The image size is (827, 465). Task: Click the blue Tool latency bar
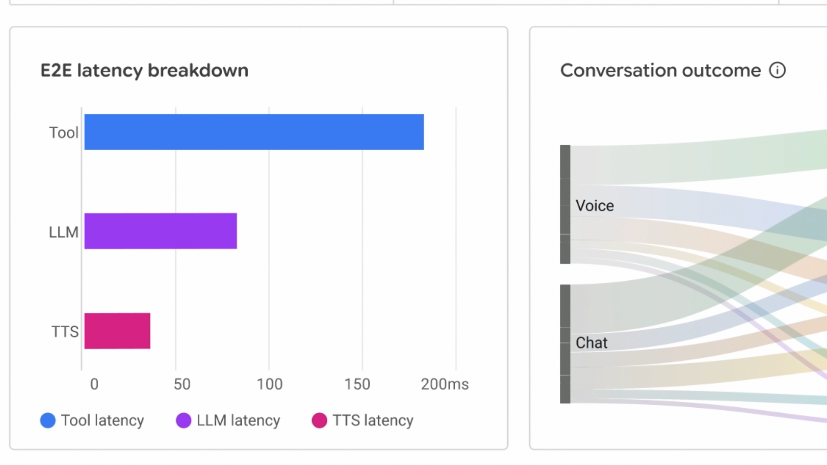tap(254, 132)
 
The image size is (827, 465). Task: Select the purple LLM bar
tap(160, 231)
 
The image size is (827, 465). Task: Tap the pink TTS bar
tap(117, 331)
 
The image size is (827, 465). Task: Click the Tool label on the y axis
tap(64, 133)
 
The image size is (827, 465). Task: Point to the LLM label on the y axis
tap(64, 232)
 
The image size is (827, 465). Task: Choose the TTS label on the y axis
tap(65, 332)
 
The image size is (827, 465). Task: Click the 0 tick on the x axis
tap(94, 384)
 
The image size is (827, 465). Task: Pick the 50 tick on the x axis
tap(182, 384)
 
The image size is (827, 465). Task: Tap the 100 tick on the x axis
tap(270, 384)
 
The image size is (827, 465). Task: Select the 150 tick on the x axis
tap(357, 384)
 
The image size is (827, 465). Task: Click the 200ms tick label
tap(445, 384)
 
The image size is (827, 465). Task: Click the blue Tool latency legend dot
tap(48, 420)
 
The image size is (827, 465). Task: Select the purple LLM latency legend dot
tap(183, 420)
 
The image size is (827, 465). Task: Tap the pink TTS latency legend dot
tap(319, 420)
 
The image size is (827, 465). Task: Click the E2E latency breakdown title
tap(144, 70)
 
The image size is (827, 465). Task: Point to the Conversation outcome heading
tap(660, 70)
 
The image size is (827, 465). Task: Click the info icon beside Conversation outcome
tap(777, 70)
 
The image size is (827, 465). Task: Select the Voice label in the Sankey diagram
tap(595, 206)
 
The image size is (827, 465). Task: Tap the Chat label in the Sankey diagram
tap(591, 343)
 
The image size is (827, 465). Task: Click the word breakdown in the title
tap(198, 70)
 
